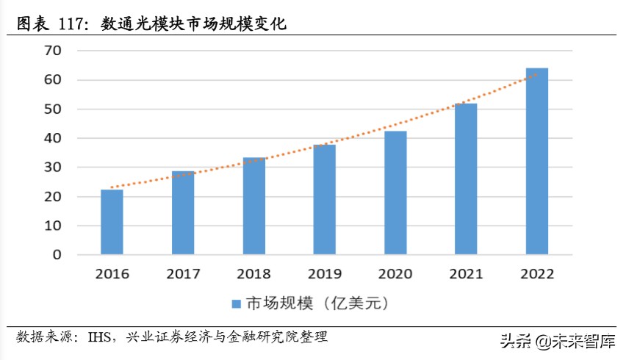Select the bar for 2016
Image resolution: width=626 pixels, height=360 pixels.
pos(112,223)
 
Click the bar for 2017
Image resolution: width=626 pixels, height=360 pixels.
pos(183,213)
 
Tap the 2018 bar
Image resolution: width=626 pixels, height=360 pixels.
pos(253,206)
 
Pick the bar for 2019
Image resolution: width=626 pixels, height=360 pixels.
pos(324,200)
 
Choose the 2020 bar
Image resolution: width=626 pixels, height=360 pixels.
pos(395,193)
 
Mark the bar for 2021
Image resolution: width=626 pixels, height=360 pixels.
pos(466,179)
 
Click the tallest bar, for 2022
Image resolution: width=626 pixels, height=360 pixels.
pos(536,162)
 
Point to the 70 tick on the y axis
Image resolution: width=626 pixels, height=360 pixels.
pos(54,51)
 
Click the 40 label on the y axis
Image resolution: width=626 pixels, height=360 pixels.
pos(54,138)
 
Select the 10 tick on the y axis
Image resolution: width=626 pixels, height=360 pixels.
pos(54,226)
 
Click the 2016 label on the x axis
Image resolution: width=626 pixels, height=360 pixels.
pos(112,274)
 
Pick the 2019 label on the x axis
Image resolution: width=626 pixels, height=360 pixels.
pos(324,274)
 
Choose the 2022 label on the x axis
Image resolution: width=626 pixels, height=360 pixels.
pos(536,274)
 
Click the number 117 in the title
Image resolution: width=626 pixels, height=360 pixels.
pos(71,24)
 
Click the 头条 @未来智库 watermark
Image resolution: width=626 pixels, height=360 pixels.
pos(558,341)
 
